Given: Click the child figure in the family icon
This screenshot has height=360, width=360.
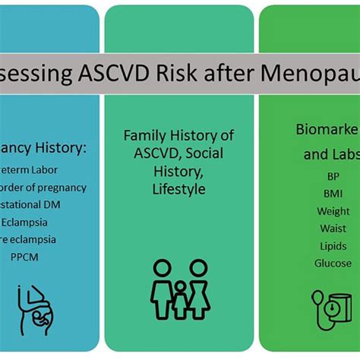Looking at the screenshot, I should coord(180,300).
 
